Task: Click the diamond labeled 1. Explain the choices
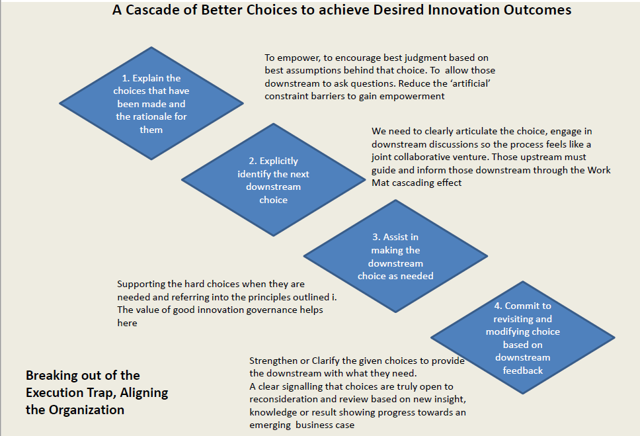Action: tap(151, 103)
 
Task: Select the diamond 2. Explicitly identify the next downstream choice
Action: tap(274, 180)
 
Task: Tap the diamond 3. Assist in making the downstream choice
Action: tap(395, 256)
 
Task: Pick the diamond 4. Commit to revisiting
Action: tap(523, 337)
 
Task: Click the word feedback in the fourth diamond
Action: tap(523, 371)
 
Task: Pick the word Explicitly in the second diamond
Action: tap(279, 161)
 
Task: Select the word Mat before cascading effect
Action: tap(380, 183)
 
